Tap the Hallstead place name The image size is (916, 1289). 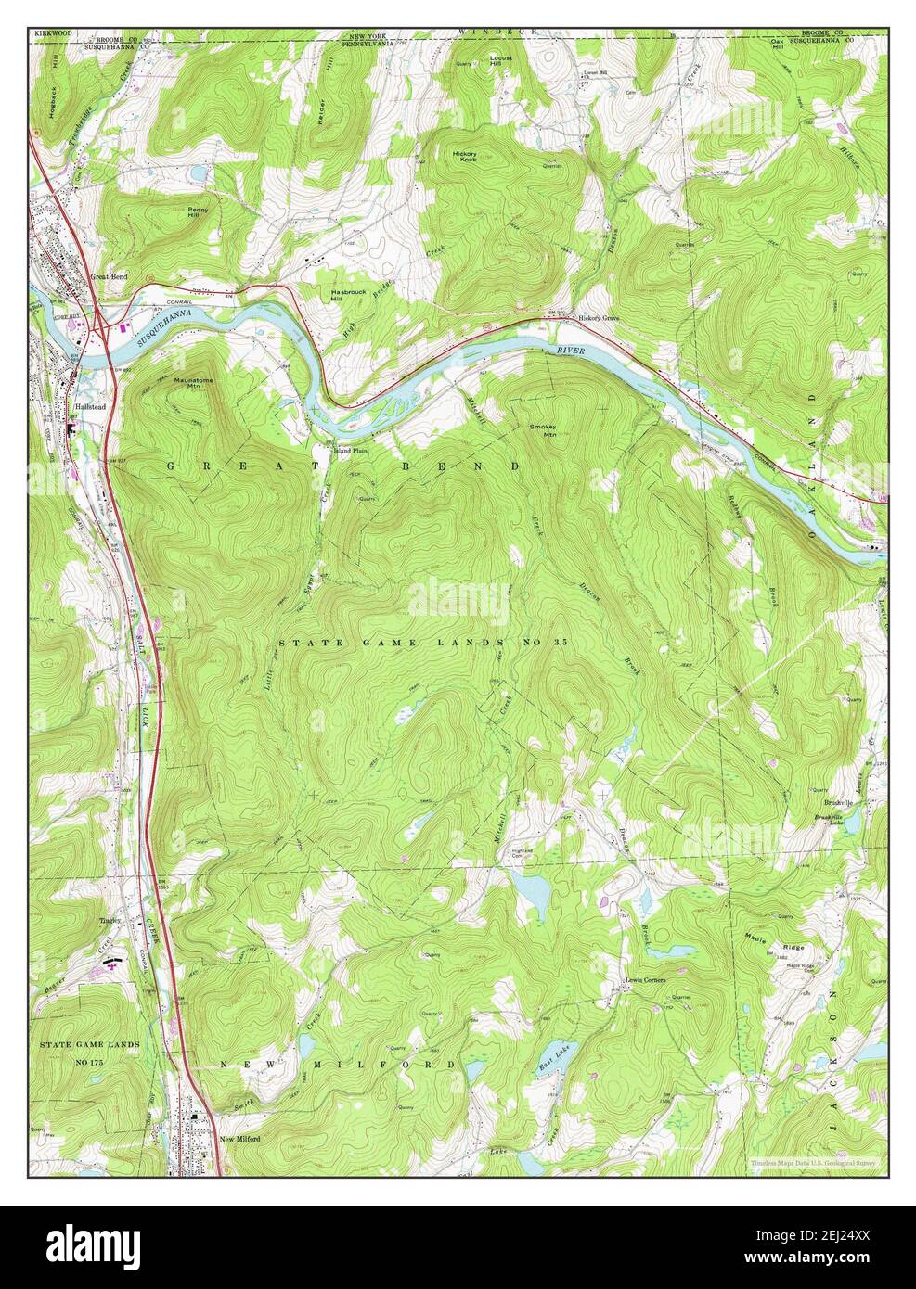tap(87, 407)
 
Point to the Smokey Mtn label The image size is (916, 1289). tap(543, 429)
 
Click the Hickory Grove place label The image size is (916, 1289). tap(598, 319)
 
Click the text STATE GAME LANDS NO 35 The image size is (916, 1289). tap(422, 642)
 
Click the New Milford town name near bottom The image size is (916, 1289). tap(239, 1139)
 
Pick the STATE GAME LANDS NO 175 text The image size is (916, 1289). tap(89, 1052)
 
